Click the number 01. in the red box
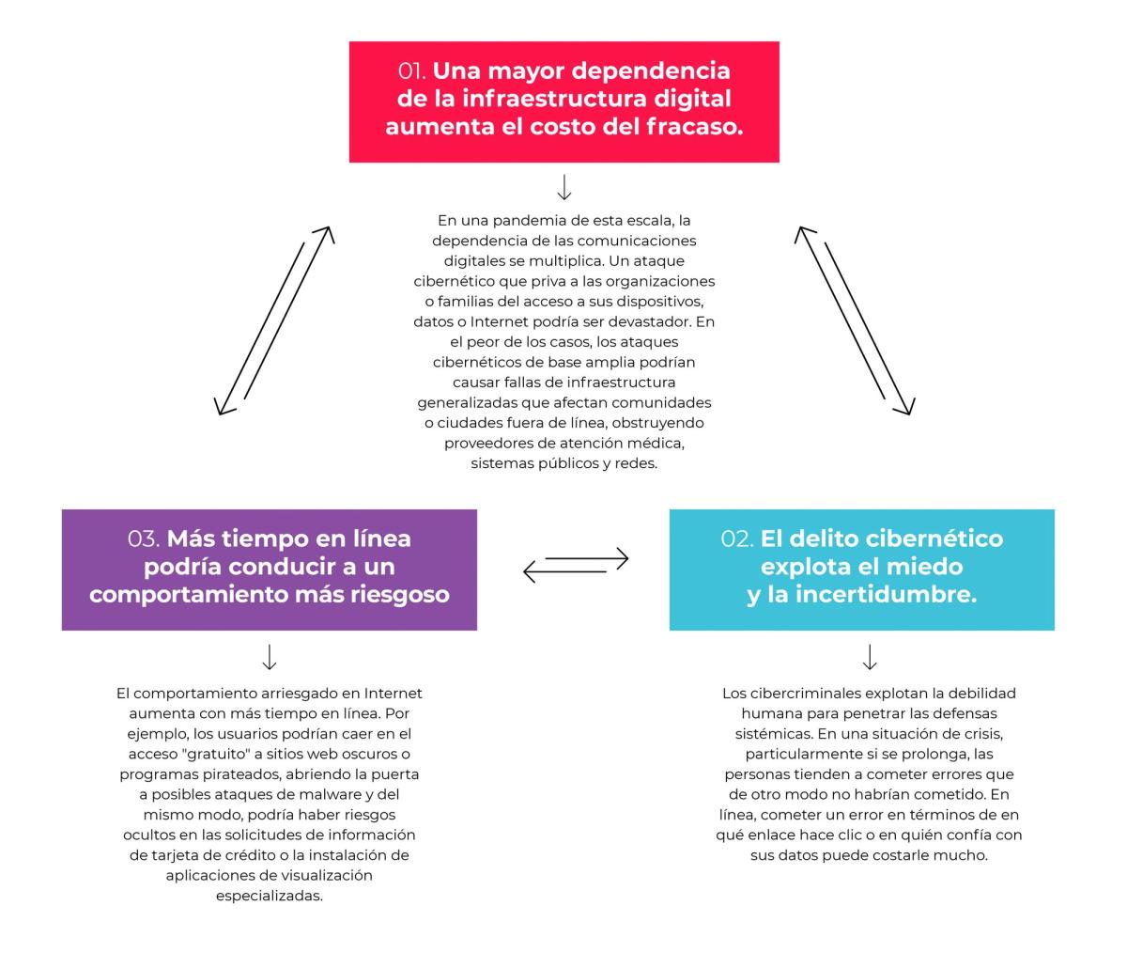coord(411,70)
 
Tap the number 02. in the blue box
coord(736,539)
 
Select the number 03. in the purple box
coord(144,539)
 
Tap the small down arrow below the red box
coord(563,187)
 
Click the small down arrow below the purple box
coord(270,657)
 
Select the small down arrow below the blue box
coord(870,657)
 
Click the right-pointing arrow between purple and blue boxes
coord(587,558)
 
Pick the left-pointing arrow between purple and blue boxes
coord(564,571)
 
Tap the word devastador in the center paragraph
coord(650,322)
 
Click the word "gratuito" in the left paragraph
coord(215,754)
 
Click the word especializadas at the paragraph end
coord(270,897)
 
